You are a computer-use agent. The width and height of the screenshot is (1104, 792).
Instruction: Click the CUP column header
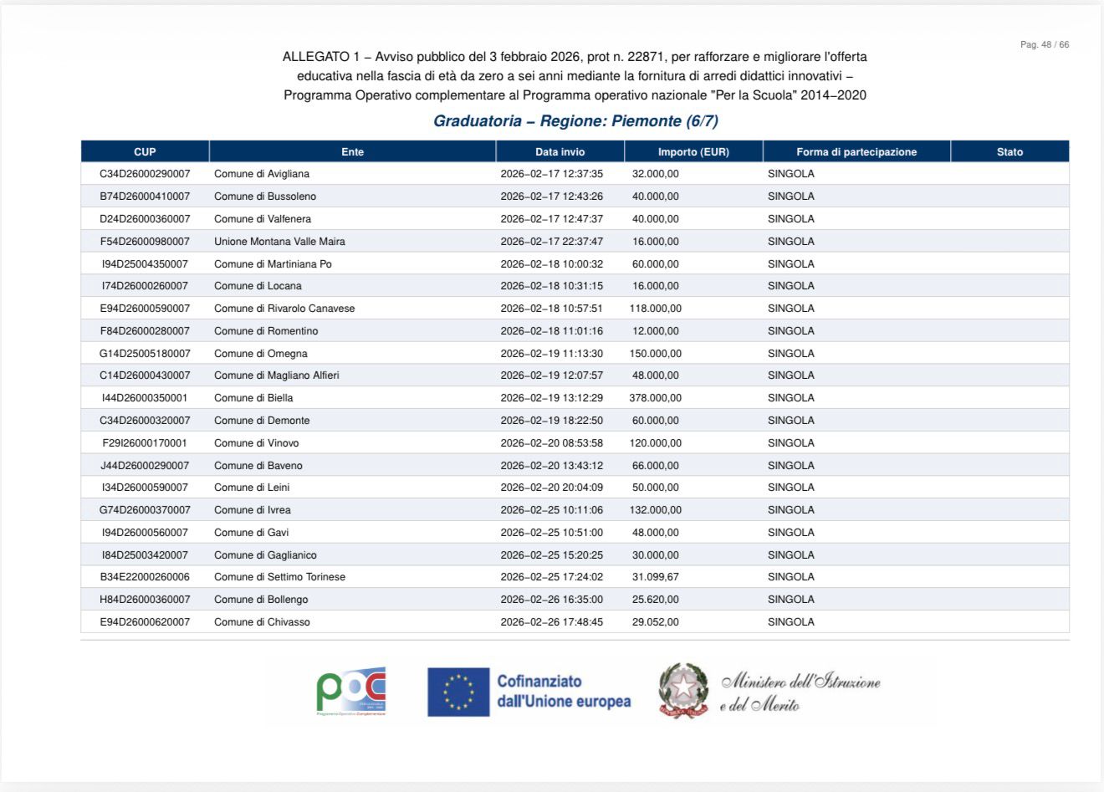(x=145, y=151)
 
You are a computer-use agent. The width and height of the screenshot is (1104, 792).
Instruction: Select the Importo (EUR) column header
(x=693, y=151)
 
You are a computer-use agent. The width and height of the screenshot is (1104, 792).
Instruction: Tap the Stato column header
(x=1009, y=151)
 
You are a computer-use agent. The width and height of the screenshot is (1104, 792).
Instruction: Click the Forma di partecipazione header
(x=856, y=151)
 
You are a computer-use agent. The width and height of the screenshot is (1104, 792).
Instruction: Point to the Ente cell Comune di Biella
(x=253, y=398)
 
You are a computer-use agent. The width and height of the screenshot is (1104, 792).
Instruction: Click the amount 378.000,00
(x=655, y=398)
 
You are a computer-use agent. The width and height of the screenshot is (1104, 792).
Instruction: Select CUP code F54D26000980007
(x=145, y=242)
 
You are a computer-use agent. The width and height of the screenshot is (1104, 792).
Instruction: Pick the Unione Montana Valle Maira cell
(x=279, y=242)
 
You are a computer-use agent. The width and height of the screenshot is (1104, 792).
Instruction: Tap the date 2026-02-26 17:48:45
(x=551, y=622)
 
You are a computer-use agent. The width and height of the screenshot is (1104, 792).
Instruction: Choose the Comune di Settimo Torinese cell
(x=279, y=577)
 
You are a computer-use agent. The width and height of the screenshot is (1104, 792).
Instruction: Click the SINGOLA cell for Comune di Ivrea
(x=790, y=510)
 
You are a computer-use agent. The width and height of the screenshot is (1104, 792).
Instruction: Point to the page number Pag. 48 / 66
(x=1044, y=44)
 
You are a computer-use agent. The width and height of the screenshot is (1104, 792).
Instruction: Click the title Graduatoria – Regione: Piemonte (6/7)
(x=575, y=121)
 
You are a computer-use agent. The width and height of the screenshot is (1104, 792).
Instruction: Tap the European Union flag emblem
(x=457, y=692)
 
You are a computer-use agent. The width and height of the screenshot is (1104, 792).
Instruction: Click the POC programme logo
(x=351, y=691)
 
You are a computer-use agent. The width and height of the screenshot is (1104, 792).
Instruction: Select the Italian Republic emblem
(x=683, y=691)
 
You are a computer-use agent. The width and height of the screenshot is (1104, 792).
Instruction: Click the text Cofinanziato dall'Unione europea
(x=564, y=692)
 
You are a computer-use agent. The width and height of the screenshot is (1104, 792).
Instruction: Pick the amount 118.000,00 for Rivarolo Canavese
(x=655, y=309)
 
